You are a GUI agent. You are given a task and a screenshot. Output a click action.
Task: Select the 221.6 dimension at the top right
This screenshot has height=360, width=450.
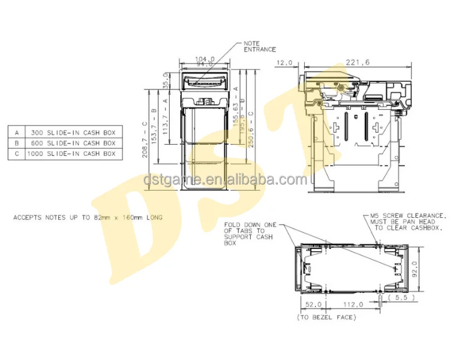[358, 62]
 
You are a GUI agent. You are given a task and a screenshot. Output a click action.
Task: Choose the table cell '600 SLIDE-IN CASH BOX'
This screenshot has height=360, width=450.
[71, 143]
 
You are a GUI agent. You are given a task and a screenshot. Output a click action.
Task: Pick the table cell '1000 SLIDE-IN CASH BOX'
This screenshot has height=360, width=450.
[71, 154]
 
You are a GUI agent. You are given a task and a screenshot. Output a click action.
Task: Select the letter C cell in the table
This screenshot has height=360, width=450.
[18, 154]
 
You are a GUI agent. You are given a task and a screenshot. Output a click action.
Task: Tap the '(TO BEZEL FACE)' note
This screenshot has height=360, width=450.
[326, 316]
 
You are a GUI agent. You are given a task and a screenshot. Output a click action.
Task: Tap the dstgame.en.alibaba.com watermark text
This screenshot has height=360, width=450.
[225, 179]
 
